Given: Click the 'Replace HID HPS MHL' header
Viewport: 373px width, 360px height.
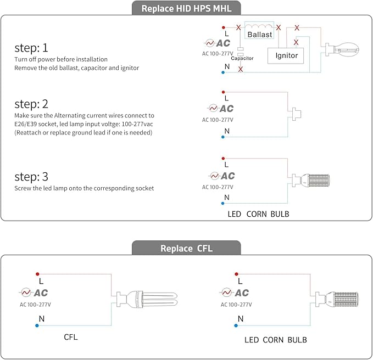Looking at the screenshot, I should click(186, 9).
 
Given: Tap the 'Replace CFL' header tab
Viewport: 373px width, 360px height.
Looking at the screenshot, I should click(186, 248).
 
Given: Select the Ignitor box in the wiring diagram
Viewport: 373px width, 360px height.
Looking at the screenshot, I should click(286, 55).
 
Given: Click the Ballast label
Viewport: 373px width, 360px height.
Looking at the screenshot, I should click(259, 35).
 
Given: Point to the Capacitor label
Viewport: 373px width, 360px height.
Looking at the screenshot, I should click(242, 58).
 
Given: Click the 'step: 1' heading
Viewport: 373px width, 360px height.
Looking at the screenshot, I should click(31, 47).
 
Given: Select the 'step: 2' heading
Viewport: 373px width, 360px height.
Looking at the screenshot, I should click(31, 104).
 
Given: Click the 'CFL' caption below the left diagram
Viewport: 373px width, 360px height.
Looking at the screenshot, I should click(71, 337).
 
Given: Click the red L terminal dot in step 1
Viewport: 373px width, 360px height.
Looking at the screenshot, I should click(223, 27).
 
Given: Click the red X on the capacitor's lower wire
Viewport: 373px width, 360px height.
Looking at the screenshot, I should click(240, 70).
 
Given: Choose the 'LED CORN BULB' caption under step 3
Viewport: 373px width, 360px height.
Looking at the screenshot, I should click(258, 214).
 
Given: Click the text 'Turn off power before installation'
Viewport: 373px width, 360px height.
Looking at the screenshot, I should click(61, 59).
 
